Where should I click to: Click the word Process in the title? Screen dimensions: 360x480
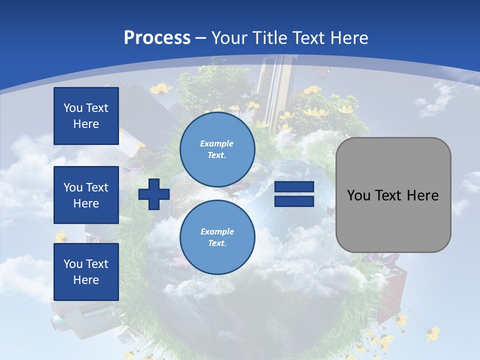coord(157,38)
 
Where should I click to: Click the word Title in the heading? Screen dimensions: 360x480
coord(268,38)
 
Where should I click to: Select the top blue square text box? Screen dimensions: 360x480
coord(86,116)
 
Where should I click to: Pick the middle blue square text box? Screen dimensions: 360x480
coord(86,195)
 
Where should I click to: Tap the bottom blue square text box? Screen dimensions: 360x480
coord(86,272)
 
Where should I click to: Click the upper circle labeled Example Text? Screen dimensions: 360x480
coord(217,149)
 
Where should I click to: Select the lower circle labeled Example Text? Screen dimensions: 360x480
coord(217,237)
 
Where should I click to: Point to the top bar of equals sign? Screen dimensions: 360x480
coord(294,187)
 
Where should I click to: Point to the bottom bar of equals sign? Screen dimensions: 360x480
coord(294,201)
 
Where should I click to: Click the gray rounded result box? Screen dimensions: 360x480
coord(393,194)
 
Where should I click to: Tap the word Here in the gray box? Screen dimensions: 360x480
coord(423,195)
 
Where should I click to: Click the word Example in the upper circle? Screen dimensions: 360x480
coord(217,143)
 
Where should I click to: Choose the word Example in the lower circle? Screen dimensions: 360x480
coord(217,231)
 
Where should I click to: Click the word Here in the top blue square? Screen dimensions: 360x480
coord(86,124)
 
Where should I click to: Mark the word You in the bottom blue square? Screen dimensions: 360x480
coord(72,264)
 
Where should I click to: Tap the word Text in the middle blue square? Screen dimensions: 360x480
coord(97,187)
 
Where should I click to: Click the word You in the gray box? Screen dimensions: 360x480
coord(358,195)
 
